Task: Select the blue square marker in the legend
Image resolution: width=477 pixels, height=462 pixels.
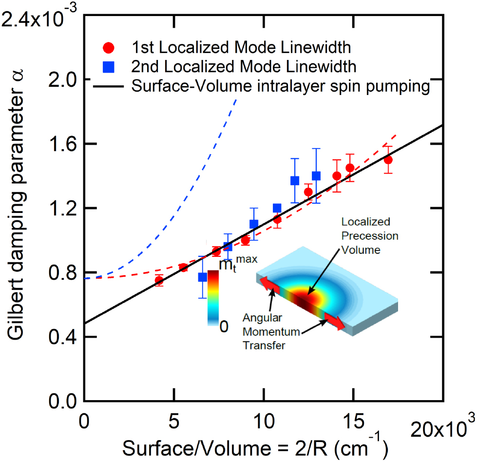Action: [111, 66]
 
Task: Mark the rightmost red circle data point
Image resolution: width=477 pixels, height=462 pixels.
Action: [388, 160]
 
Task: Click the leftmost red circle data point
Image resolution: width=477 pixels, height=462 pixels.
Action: [159, 280]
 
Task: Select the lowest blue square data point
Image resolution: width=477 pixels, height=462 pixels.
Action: [203, 277]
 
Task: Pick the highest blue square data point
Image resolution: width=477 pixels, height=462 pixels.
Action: [316, 176]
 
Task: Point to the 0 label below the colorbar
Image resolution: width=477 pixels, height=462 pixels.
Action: [223, 327]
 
